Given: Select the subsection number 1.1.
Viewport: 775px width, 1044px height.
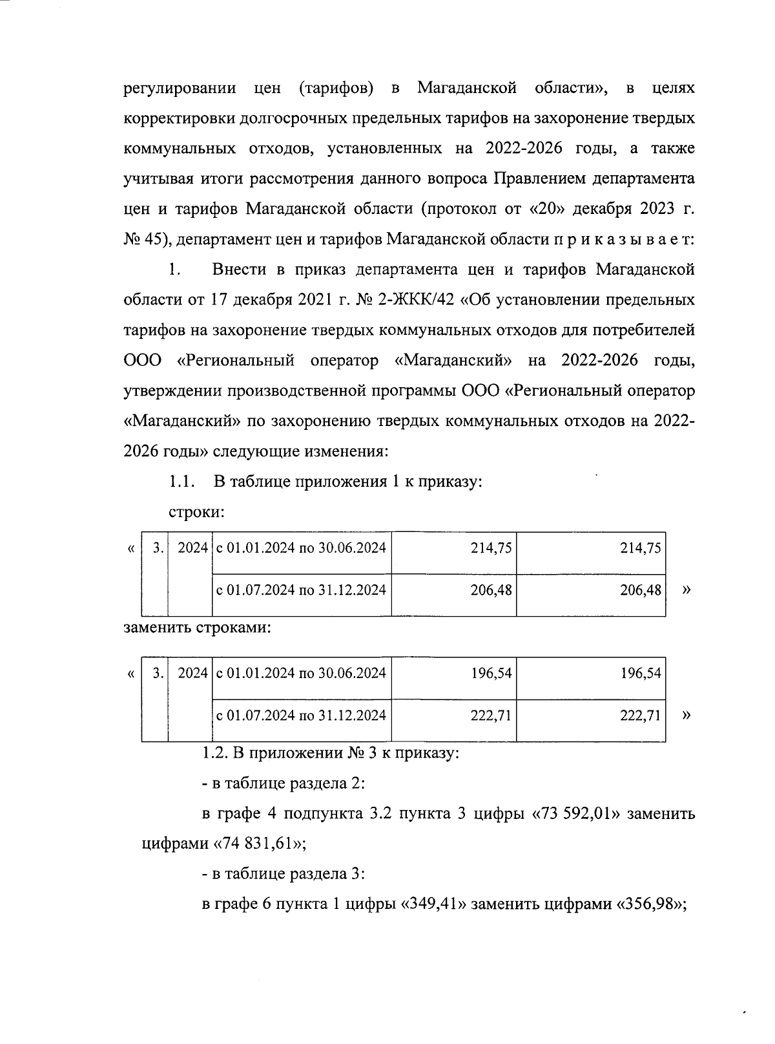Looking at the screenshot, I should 181,482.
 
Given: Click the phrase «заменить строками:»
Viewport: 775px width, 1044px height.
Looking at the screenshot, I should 196,628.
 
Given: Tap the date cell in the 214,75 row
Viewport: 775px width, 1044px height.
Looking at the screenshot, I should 301,549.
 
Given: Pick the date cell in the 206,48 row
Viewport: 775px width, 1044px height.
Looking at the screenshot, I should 301,590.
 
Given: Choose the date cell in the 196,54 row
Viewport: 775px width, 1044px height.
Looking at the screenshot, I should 301,674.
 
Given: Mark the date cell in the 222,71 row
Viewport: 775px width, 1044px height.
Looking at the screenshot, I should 301,716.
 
